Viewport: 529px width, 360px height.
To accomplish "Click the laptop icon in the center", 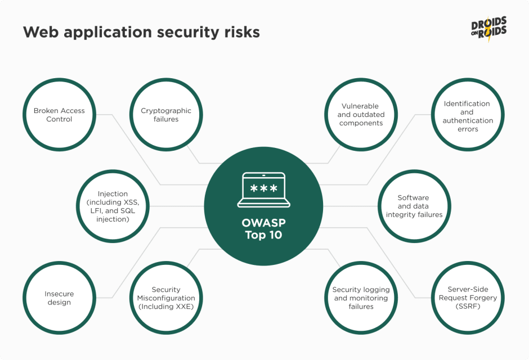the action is coord(263,190).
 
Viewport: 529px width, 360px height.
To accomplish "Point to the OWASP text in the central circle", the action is coord(263,223).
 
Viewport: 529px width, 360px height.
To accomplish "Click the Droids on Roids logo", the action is coord(489,29).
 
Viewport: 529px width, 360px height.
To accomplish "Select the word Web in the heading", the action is coord(41,32).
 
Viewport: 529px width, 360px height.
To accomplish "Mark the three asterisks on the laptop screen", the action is coord(263,188).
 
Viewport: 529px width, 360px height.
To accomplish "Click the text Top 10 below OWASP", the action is coord(263,235).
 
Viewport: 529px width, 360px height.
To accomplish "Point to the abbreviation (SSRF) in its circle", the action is coord(468,307).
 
